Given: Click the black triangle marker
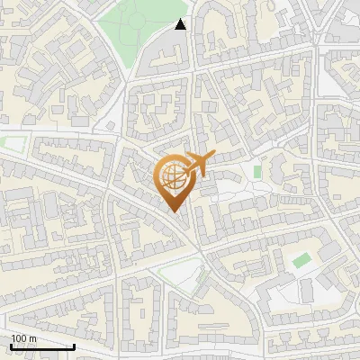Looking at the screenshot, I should (181, 24).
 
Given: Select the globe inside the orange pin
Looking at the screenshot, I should (175, 176).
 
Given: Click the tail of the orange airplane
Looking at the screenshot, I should (211, 157).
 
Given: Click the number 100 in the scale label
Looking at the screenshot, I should (18, 338).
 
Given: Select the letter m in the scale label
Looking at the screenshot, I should (31, 338).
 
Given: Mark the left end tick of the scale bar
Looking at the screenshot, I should (11, 346).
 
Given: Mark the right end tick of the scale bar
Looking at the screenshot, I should (75, 346).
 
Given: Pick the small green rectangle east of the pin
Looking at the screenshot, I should (257, 171).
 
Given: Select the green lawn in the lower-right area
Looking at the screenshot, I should (301, 261).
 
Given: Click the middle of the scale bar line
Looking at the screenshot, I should (42, 347).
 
